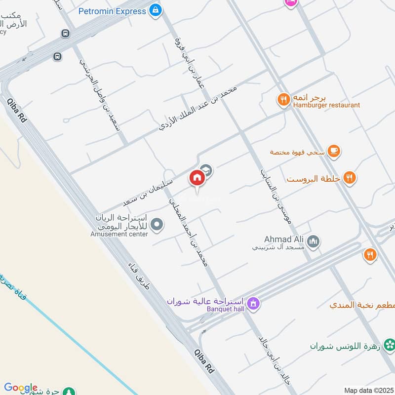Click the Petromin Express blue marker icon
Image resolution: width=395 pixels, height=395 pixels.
pos(156,10)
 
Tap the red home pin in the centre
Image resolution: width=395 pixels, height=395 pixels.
pos(197,178)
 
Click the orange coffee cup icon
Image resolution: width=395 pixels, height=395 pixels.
pos(334,151)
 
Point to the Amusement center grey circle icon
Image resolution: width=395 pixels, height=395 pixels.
pos(157,225)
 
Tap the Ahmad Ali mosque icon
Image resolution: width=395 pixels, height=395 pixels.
pos(313,241)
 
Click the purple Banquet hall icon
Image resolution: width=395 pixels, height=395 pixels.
pos(253,303)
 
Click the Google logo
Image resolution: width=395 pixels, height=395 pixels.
pos(20,388)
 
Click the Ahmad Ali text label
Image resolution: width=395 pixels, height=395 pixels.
pos(282,238)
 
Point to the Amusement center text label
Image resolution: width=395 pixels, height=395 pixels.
pos(119,234)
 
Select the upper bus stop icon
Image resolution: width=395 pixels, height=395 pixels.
pos(65,34)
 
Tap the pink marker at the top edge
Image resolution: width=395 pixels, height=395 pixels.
pos(290,2)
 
